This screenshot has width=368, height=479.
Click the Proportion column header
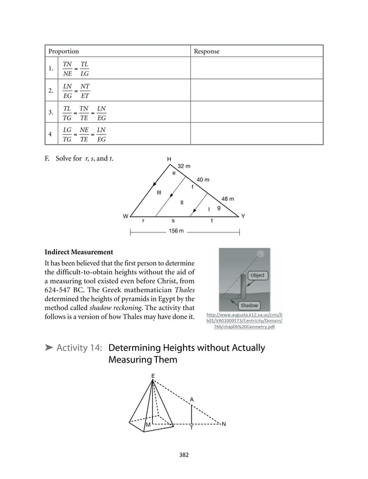coord(63,51)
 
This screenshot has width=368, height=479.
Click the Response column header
coord(206,51)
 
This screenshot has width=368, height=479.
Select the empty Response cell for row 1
coord(256,69)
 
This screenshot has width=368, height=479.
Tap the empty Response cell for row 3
coord(256,112)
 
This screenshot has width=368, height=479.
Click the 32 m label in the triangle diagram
coord(184,166)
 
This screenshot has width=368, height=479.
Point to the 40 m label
coord(202,180)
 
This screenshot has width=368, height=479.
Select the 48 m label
coord(228,199)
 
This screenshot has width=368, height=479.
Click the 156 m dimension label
coord(177,231)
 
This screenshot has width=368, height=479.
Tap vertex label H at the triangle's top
coord(169,159)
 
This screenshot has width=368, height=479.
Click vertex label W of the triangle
coord(125,216)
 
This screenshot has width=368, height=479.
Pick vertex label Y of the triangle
coord(243,216)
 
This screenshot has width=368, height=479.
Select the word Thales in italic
coord(184,289)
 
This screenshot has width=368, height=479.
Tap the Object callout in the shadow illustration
coord(257,276)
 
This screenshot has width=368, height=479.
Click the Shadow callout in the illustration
coord(249,305)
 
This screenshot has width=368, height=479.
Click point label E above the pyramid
coord(153,376)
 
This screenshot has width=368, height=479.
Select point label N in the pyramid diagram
coord(224,424)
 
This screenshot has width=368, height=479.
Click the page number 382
coord(184,455)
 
